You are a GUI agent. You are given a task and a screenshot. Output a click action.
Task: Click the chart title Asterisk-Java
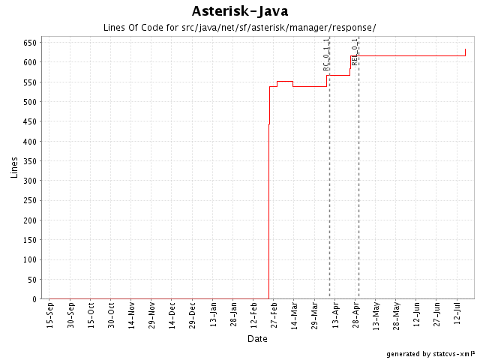pyautogui.click(x=240, y=11)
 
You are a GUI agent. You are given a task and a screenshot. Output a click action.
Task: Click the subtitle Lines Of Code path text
pyautogui.click(x=239, y=28)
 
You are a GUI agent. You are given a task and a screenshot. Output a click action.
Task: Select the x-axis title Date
pyautogui.click(x=257, y=339)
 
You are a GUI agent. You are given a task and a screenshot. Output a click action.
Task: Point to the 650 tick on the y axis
pyautogui.click(x=29, y=43)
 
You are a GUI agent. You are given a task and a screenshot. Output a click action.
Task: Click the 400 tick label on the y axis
pyautogui.click(x=29, y=142)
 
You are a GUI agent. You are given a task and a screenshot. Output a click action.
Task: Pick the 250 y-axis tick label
pyautogui.click(x=29, y=200)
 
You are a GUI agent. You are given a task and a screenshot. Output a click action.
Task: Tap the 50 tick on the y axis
pyautogui.click(x=31, y=280)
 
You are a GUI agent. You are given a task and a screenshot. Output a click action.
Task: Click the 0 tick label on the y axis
pyautogui.click(x=34, y=299)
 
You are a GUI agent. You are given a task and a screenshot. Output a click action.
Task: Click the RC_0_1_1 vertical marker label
pyautogui.click(x=326, y=55)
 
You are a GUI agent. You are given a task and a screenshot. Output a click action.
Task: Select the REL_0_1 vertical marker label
pyautogui.click(x=355, y=52)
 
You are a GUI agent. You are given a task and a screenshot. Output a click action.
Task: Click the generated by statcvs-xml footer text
pyautogui.click(x=430, y=353)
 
